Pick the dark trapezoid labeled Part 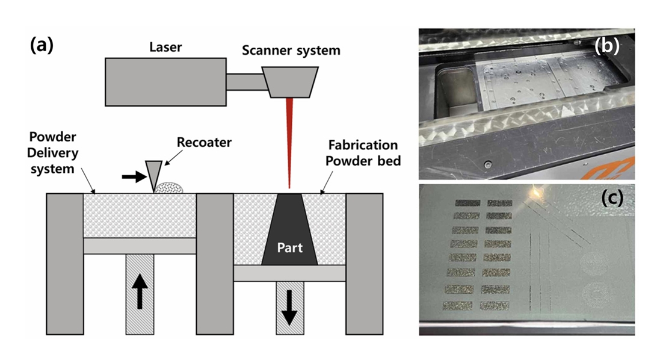pyautogui.click(x=289, y=232)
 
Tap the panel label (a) pyautogui.click(x=42, y=45)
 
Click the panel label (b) pyautogui.click(x=607, y=47)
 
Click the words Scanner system pyautogui.click(x=291, y=51)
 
